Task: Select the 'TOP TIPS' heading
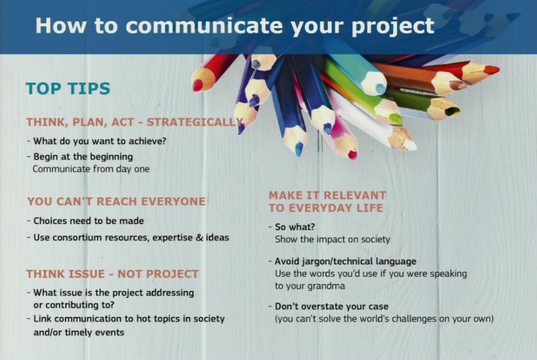coord(68,89)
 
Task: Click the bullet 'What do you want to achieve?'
coord(100,141)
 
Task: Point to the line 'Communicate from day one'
coord(91,169)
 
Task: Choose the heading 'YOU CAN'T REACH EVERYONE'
coord(116,202)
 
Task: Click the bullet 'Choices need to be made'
coord(88,220)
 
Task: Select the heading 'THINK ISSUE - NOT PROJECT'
coord(112,274)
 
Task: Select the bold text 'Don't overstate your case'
coord(331,306)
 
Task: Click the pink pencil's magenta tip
coord(352,154)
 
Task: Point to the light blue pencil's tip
coord(380,88)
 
